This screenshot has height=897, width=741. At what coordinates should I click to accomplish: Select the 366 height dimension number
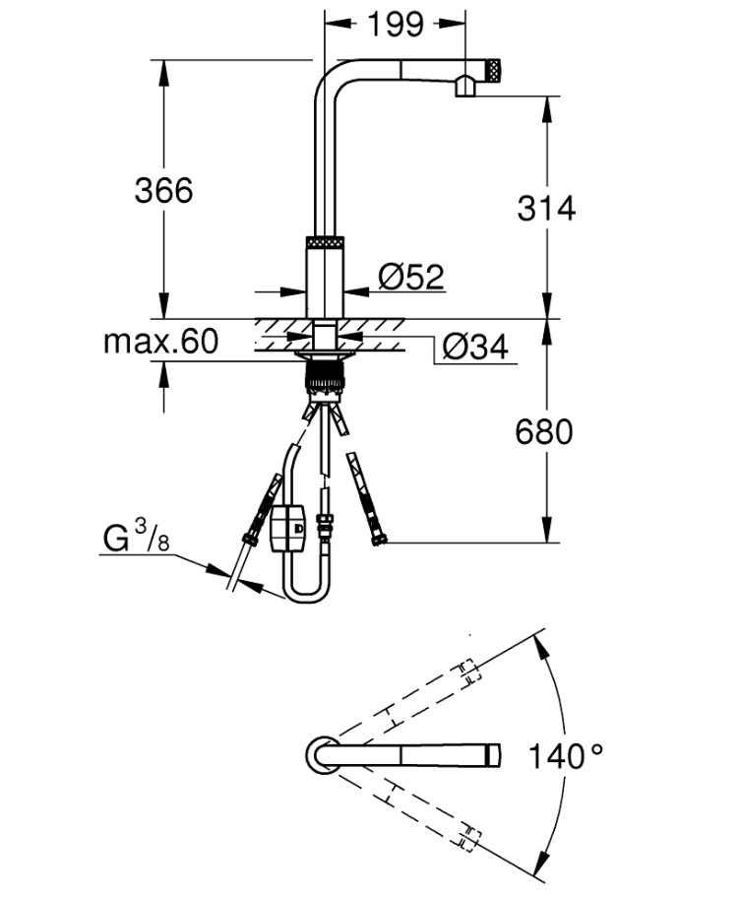tap(163, 190)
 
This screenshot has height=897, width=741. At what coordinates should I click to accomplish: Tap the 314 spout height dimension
tap(545, 208)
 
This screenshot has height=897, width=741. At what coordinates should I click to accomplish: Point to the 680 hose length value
tap(543, 431)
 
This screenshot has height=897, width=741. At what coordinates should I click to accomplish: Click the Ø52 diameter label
tap(411, 278)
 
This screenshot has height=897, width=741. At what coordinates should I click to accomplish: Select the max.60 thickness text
tap(161, 343)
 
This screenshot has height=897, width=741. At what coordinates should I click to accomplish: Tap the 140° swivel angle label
tap(566, 757)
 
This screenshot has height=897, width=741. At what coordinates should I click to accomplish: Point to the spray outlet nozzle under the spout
tap(465, 91)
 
